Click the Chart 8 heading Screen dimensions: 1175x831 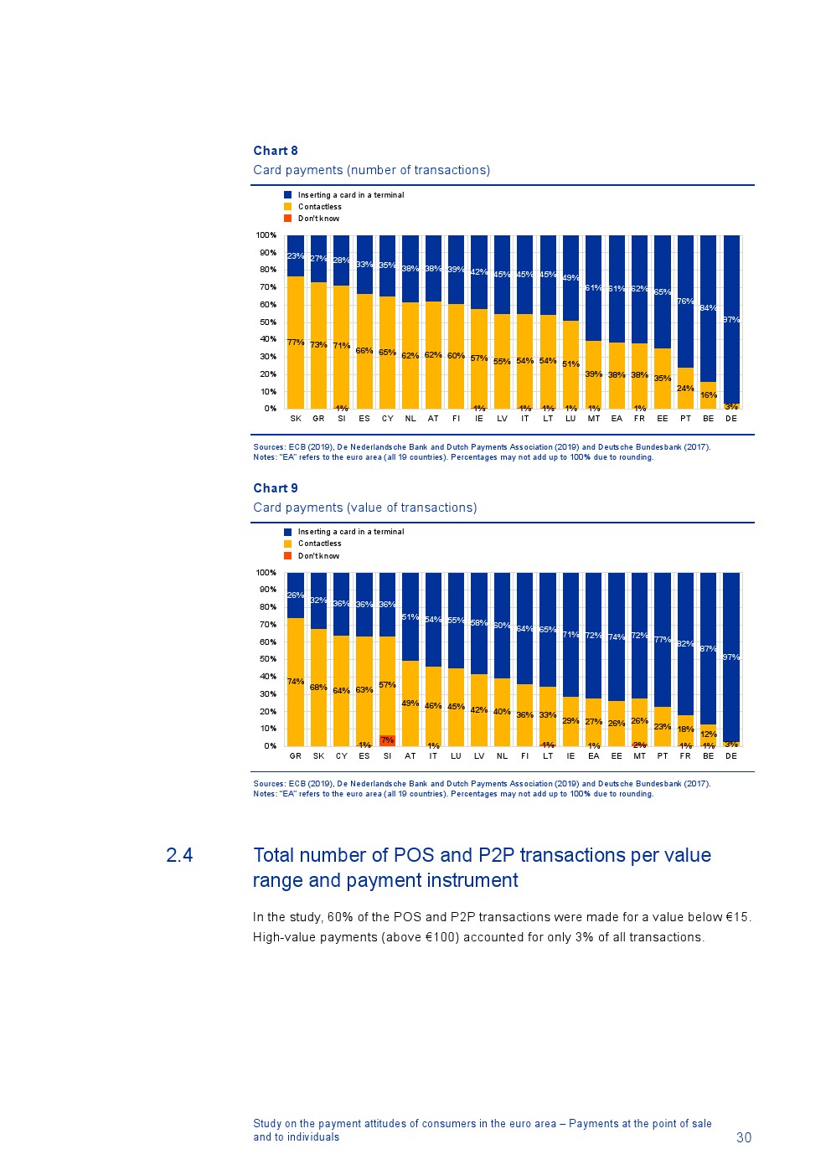point(275,151)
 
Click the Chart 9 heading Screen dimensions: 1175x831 point(275,488)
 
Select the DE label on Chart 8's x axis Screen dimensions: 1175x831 point(731,419)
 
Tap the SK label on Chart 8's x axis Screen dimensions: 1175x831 point(296,419)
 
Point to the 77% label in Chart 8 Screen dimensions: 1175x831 point(295,343)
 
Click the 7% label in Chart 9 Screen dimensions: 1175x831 point(387,740)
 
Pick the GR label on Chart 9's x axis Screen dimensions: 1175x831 point(296,756)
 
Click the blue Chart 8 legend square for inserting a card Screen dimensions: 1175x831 point(288,195)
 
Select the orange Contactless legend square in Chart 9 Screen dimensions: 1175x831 point(288,544)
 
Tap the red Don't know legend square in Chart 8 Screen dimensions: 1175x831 point(288,219)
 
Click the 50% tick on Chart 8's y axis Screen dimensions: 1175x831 point(268,322)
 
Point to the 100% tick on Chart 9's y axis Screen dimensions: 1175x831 point(266,573)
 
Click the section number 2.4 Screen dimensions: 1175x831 point(179,855)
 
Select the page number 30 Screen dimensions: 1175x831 point(744,1137)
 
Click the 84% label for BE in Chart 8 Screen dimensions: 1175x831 point(708,308)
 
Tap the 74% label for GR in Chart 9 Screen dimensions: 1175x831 point(295,682)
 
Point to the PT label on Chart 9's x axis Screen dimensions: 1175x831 point(663,756)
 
